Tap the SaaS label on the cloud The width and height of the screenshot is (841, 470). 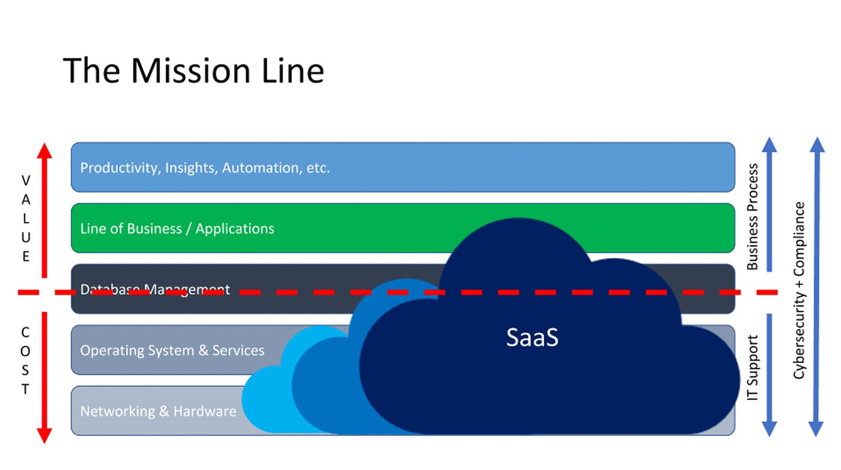pos(532,338)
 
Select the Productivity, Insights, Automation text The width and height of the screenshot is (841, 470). pos(205,168)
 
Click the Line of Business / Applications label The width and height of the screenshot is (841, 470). pos(177,229)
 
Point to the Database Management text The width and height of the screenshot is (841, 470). pos(155,289)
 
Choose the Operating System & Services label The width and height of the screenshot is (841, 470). pos(172,350)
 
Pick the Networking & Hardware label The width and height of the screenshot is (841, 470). pos(158,411)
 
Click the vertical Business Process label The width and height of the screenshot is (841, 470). pos(752,216)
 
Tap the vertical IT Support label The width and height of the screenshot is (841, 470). pos(752,368)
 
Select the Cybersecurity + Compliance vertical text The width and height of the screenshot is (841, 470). pos(799,290)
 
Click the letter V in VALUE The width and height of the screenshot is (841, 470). pos(25,180)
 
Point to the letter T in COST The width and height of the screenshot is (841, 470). pos(25,389)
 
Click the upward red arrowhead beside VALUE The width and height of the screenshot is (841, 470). pos(45,151)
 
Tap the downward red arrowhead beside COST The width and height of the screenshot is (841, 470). pos(45,435)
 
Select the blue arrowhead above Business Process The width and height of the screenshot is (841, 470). pos(769,144)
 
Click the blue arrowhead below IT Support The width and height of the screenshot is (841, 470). pos(769,429)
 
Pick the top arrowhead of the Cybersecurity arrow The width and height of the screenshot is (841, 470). pos(817,144)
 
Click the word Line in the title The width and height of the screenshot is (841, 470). pos(293,71)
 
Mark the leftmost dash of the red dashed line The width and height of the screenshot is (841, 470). pos(28,292)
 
